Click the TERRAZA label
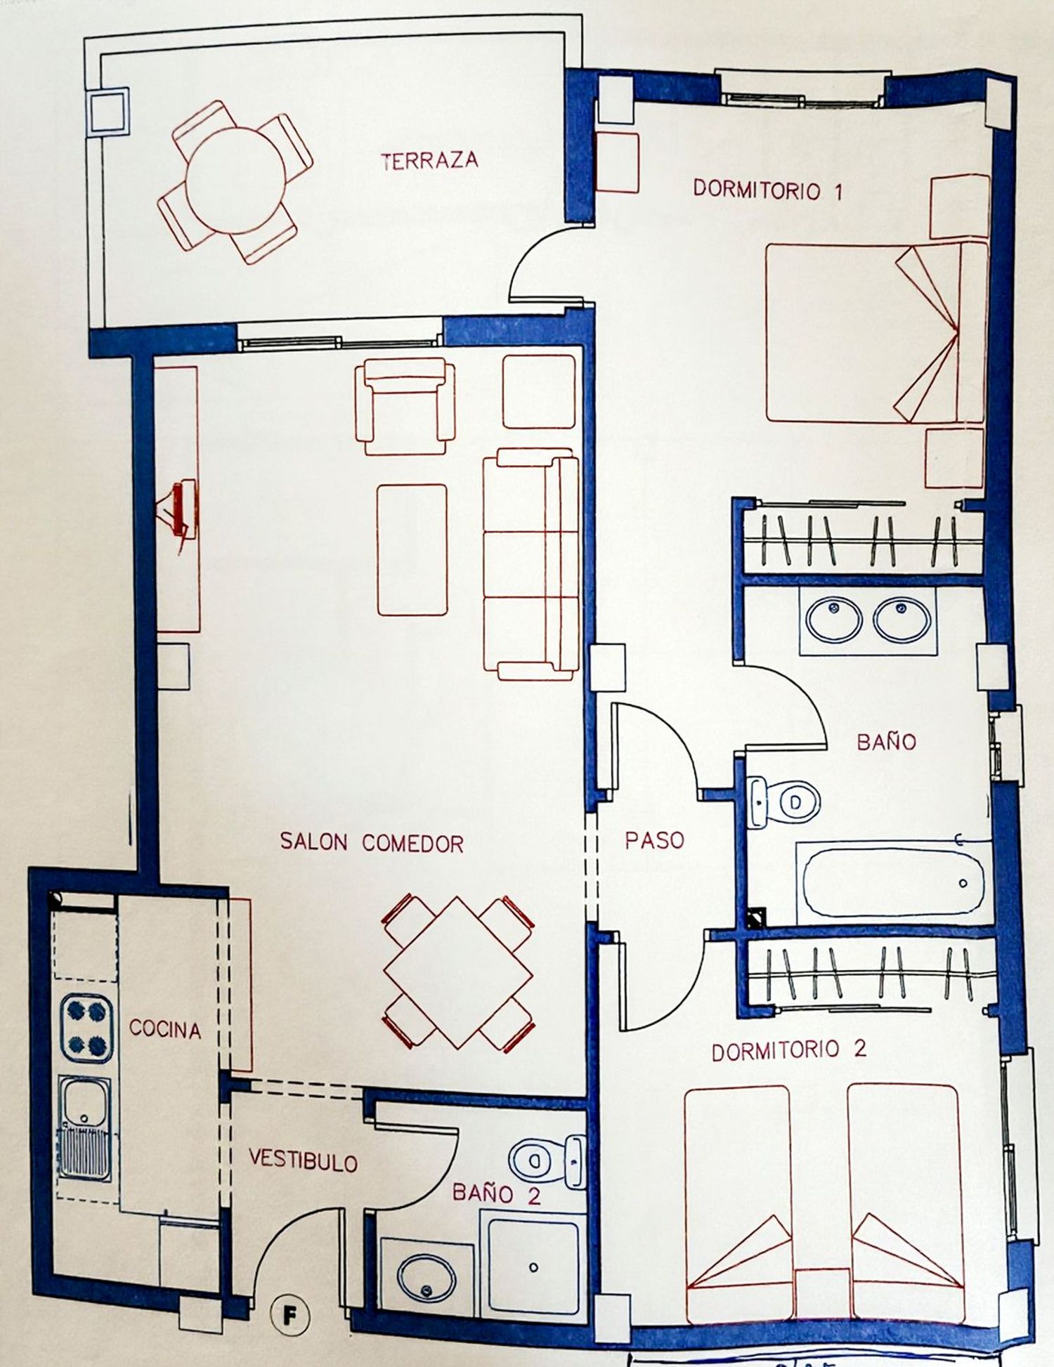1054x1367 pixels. click(x=429, y=161)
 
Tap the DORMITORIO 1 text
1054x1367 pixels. click(x=767, y=190)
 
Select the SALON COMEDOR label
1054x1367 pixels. click(x=372, y=842)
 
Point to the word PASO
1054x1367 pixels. click(x=654, y=840)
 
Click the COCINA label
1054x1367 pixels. click(x=165, y=1029)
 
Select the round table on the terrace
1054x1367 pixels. click(x=235, y=181)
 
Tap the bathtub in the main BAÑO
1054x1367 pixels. click(x=892, y=882)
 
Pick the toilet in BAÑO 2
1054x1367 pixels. click(x=547, y=1161)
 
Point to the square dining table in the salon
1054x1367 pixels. click(x=458, y=973)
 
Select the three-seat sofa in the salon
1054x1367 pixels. click(x=531, y=565)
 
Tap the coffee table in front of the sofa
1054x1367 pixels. click(x=412, y=549)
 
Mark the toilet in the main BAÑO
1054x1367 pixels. click(x=783, y=801)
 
